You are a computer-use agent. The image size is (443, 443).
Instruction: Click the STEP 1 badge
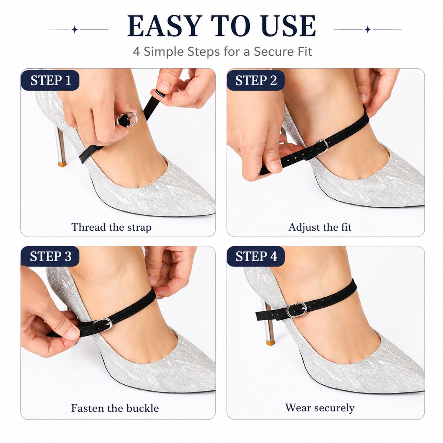50,80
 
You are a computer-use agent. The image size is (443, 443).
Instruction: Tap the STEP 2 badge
256,80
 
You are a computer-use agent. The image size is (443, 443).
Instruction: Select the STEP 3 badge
50,256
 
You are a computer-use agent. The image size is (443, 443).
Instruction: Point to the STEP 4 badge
256,256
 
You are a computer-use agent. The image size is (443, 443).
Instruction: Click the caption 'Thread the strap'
111,227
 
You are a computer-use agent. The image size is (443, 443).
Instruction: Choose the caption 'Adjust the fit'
320,227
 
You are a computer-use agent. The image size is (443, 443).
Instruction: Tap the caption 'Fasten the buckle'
115,408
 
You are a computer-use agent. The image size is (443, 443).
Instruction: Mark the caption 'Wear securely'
320,408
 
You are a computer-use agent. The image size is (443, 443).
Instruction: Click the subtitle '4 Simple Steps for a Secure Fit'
223,51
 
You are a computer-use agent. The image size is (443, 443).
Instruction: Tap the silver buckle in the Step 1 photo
127,119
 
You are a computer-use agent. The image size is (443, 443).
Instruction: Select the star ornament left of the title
74,29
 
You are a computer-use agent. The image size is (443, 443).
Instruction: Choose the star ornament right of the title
368,29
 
